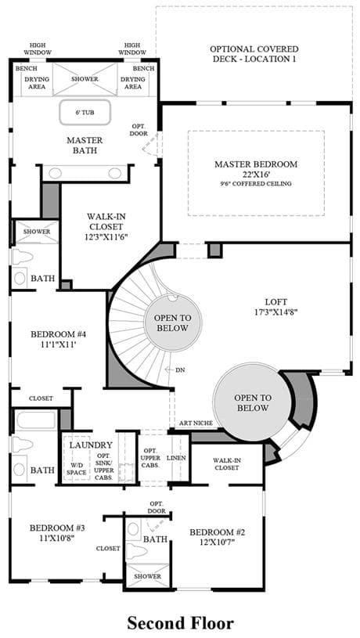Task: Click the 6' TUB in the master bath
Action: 85,112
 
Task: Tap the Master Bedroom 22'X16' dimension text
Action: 256,174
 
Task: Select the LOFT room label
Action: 275,302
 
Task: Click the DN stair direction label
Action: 180,370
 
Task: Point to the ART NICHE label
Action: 196,424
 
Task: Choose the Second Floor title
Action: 180,623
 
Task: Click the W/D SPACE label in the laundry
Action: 77,469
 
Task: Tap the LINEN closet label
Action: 176,458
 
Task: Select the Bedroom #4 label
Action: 58,334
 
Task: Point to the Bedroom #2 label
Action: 218,532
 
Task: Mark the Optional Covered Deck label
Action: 254,54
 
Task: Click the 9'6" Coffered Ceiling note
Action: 256,183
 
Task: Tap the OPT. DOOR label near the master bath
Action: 139,130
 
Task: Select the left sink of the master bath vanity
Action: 56,173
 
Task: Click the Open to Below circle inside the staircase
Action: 173,323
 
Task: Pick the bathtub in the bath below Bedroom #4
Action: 36,420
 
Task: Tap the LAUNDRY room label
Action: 91,445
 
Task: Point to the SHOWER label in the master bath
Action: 85,79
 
